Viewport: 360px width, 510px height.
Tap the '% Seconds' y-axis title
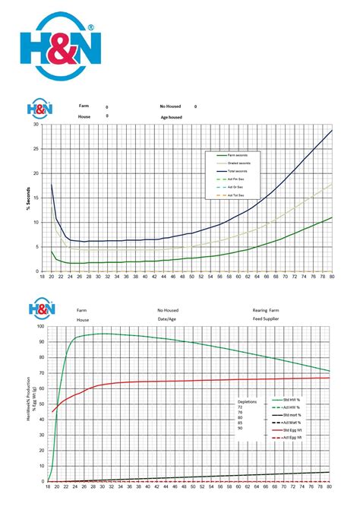[27, 198]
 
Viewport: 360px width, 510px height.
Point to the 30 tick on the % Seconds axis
[36, 125]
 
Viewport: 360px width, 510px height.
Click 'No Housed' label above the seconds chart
[171, 106]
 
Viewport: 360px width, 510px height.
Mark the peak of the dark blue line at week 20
[52, 184]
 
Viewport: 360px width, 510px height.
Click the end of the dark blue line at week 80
[332, 131]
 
